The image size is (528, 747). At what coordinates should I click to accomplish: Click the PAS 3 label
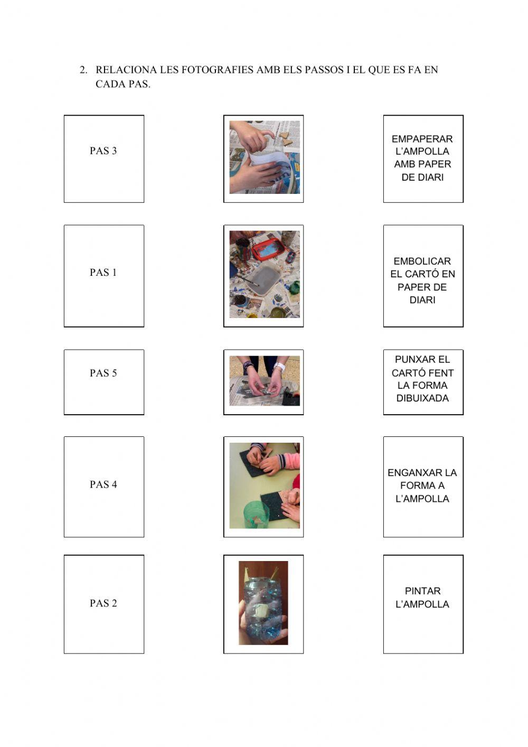[103, 151]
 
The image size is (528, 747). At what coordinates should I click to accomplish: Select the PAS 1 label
[103, 273]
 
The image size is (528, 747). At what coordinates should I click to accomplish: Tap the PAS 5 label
[103, 373]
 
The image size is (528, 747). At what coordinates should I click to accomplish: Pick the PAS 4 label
[103, 484]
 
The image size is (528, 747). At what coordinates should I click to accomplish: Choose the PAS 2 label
[103, 603]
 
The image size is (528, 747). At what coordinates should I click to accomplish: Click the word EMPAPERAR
[422, 139]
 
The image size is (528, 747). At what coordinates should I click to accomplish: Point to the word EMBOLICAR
[422, 261]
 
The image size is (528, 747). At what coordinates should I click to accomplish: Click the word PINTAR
[423, 591]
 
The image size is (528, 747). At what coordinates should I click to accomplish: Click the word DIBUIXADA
[422, 398]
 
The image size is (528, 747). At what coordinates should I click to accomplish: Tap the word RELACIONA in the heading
[126, 70]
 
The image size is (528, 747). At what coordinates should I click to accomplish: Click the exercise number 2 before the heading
[83, 70]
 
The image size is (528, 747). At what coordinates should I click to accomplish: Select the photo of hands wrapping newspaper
[265, 157]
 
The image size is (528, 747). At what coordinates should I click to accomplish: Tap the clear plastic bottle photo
[263, 603]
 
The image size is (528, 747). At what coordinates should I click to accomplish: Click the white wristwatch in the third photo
[279, 367]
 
